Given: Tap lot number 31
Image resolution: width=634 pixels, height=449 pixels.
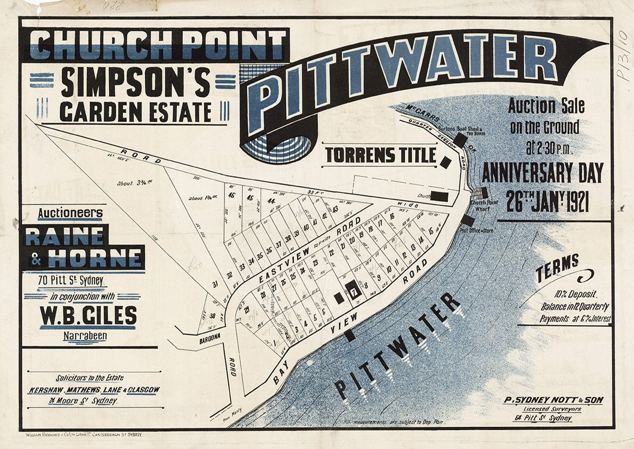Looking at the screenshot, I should point(215,284).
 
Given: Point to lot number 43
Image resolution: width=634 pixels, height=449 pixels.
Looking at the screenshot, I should point(335,209).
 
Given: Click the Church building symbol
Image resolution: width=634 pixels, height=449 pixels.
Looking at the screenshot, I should point(439,197).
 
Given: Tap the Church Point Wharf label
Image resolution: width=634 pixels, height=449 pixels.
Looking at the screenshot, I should point(485,205).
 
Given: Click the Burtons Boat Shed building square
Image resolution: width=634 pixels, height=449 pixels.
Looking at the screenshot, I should point(460,140).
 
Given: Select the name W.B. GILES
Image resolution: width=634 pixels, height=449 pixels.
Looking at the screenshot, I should point(88,315).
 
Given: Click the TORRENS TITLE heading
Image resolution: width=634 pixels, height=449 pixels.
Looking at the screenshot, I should point(380,155).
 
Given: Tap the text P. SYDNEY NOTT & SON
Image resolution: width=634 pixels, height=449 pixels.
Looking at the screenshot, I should point(553,400).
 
